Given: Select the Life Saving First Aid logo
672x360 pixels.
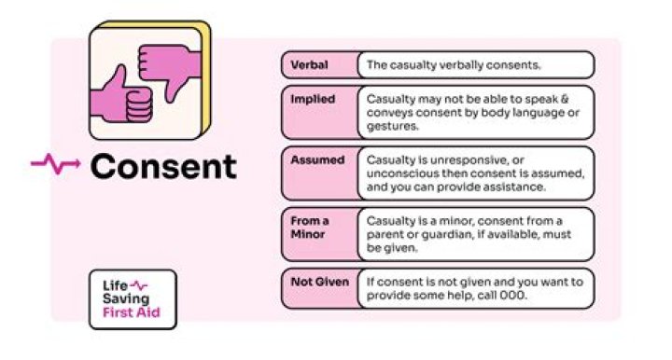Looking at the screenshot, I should coord(138,298).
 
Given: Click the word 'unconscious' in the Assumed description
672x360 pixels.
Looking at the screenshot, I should coord(404,173).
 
